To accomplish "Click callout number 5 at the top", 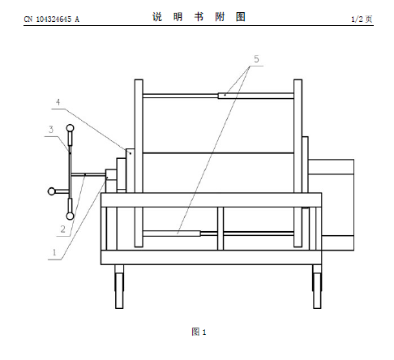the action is (256, 59).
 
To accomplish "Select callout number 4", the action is (58, 102).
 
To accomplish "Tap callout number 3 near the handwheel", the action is (51, 130).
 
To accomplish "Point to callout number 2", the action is (62, 229).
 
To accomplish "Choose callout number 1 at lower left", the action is (54, 252).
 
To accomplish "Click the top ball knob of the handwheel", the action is (70, 127).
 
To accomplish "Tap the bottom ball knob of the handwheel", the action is (70, 216).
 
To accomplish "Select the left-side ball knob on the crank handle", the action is (51, 191).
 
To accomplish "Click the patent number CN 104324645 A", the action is (51, 19).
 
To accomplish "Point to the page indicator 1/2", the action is (357, 19).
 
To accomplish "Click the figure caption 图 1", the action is (199, 332).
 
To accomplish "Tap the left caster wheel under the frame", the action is (119, 286).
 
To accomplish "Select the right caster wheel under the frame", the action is (317, 286).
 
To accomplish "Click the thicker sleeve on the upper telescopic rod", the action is (255, 96).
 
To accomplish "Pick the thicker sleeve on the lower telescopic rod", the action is (172, 234).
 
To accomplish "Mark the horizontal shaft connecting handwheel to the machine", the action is (88, 174).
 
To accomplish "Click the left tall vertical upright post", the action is (139, 163).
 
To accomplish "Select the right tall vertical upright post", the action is (298, 163).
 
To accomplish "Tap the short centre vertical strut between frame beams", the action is (221, 229).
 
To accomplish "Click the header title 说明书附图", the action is (199, 17).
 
